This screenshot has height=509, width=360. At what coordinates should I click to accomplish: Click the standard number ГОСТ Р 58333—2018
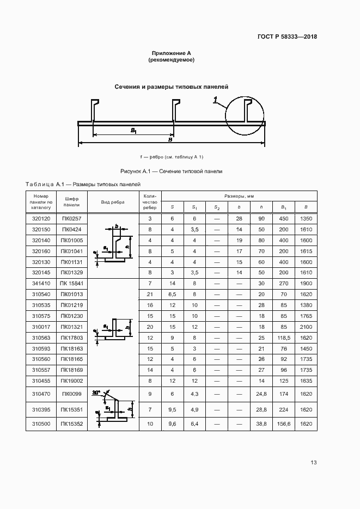pyautogui.click(x=287, y=37)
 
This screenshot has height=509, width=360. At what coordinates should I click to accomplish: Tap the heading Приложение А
pyautogui.click(x=172, y=53)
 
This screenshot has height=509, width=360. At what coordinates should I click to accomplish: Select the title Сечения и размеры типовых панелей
pyautogui.click(x=171, y=87)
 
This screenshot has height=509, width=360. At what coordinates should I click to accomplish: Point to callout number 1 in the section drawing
pyautogui.click(x=216, y=100)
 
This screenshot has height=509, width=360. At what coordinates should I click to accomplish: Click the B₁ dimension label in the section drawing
pyautogui.click(x=133, y=131)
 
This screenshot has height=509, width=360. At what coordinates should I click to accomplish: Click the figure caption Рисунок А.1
pyautogui.click(x=172, y=171)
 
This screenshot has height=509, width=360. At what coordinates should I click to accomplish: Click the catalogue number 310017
pyautogui.click(x=41, y=327)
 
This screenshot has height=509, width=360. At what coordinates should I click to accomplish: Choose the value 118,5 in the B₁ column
pyautogui.click(x=284, y=338)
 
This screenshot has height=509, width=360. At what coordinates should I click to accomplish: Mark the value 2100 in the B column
pyautogui.click(x=306, y=327)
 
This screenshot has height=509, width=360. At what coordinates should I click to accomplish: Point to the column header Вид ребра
pyautogui.click(x=113, y=202)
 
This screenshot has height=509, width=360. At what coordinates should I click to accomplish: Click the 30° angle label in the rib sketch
pyautogui.click(x=96, y=393)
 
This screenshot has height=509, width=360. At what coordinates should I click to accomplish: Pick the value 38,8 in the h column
pyautogui.click(x=261, y=424)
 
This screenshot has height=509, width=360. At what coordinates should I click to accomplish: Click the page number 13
pyautogui.click(x=313, y=463)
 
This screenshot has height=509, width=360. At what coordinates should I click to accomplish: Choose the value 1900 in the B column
pyautogui.click(x=306, y=284)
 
